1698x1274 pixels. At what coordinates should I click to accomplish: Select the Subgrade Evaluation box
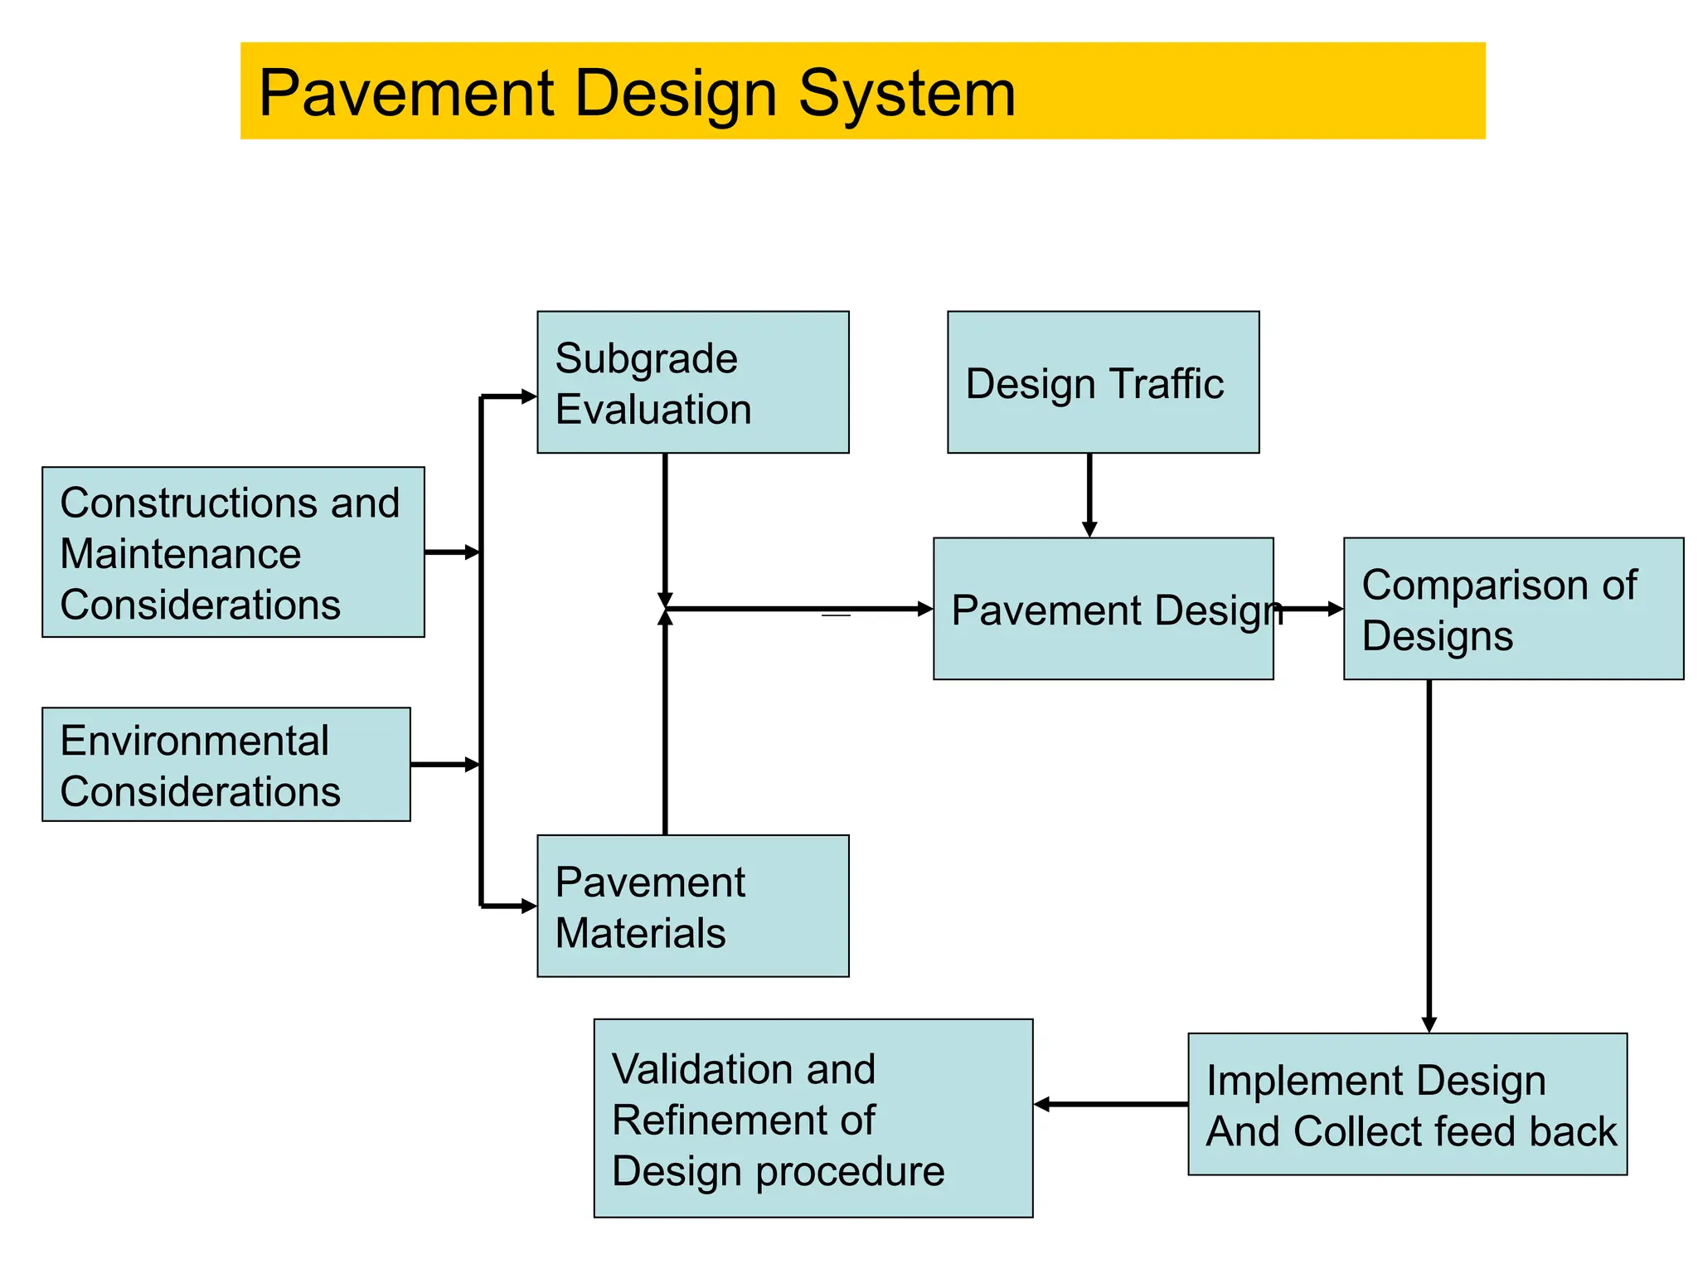tap(692, 382)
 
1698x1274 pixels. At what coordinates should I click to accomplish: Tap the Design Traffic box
tap(1103, 382)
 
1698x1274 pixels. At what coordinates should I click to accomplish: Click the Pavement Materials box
tap(692, 906)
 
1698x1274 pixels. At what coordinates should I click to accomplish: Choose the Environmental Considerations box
tap(226, 765)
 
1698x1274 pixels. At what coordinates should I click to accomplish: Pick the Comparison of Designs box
tap(1513, 609)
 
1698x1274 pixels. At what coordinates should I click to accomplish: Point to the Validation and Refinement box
tap(813, 1118)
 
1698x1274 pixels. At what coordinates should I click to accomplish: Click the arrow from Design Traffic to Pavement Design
tap(1089, 495)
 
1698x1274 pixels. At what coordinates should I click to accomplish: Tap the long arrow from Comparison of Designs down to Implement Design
tap(1429, 854)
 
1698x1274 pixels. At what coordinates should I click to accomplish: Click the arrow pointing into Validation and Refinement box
tap(1111, 1104)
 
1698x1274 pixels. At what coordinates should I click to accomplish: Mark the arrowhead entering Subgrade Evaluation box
tap(528, 396)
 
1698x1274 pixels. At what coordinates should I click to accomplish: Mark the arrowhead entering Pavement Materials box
tap(528, 907)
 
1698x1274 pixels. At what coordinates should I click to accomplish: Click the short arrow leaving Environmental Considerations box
tap(445, 765)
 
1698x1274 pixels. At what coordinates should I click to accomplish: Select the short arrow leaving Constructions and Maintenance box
tap(452, 552)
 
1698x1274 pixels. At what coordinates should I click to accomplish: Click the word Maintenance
tap(181, 554)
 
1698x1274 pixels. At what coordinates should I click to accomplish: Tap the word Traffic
tap(1167, 384)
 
